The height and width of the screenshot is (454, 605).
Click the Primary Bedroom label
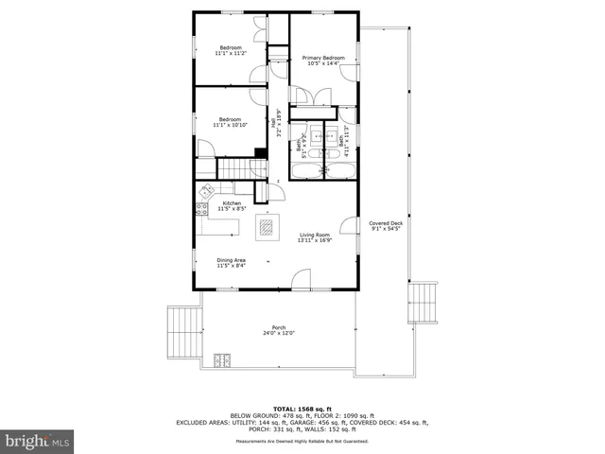pyautogui.click(x=322, y=59)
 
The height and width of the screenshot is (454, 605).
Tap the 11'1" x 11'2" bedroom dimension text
pyautogui.click(x=231, y=54)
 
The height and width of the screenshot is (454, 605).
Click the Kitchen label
pyautogui.click(x=232, y=203)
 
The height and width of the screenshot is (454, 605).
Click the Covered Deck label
pyautogui.click(x=385, y=223)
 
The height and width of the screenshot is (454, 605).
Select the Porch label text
pyautogui.click(x=280, y=327)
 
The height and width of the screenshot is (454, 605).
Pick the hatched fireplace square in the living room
pyautogui.click(x=268, y=227)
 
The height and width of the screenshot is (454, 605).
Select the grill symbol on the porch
pyautogui.click(x=223, y=359)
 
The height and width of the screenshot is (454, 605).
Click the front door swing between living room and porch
pyautogui.click(x=302, y=279)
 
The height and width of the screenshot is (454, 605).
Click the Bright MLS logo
pyautogui.click(x=38, y=441)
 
